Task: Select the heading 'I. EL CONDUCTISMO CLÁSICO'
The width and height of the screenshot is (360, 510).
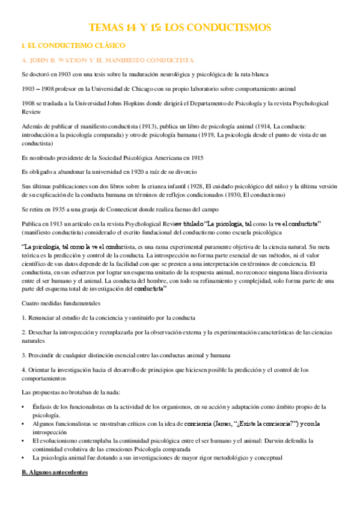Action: (x=73, y=46)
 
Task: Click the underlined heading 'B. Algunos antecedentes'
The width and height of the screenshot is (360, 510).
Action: (x=54, y=473)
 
